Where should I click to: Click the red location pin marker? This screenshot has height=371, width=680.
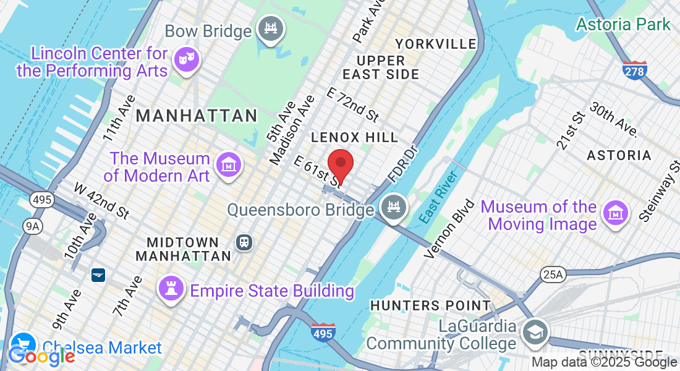coord(340,164)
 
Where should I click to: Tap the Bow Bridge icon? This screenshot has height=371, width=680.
coord(270,29)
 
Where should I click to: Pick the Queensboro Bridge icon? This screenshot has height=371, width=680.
coord(392,206)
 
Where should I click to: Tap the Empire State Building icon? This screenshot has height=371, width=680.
coord(169,288)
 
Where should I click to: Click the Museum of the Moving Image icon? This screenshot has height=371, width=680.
coord(615,213)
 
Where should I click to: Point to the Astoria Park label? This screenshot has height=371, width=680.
coord(623,24)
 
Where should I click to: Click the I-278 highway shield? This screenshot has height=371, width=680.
coord(634,71)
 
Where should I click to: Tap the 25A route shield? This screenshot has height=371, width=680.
coord(551,274)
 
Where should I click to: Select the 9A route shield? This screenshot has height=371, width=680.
coord(32,226)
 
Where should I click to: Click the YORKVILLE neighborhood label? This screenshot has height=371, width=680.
coord(436,44)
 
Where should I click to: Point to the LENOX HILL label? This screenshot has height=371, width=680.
coord(355,137)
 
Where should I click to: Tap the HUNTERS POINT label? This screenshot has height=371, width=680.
coord(430,305)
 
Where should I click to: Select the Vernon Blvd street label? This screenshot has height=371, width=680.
coord(450,229)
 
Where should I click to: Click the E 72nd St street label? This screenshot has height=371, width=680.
coord(352,104)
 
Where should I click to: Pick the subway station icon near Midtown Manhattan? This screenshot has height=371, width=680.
coord(244,242)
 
